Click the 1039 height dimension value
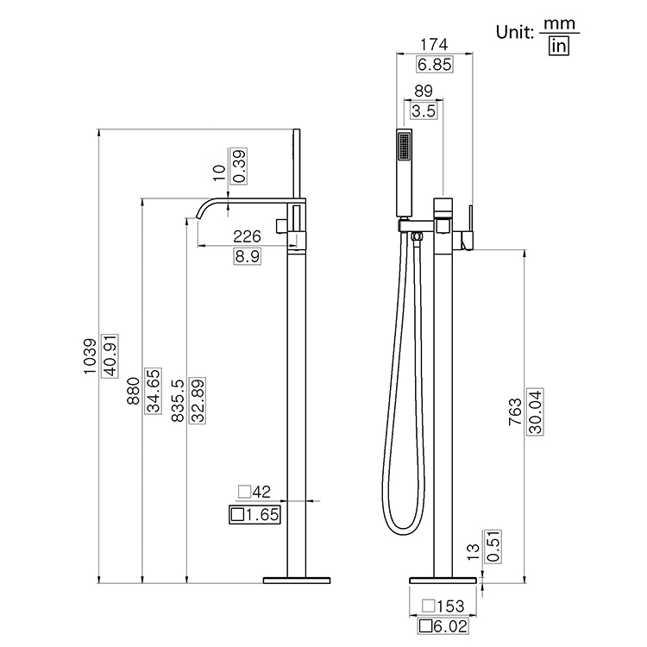(91, 355)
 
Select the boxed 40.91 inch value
(109, 355)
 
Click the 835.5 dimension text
(177, 399)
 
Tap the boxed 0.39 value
(239, 164)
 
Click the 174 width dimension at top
(433, 44)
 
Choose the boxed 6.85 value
(433, 64)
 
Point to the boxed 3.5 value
(423, 110)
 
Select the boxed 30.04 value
(534, 411)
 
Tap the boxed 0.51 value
(492, 547)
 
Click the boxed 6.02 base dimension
(440, 626)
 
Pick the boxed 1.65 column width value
(256, 516)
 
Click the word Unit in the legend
(515, 33)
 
